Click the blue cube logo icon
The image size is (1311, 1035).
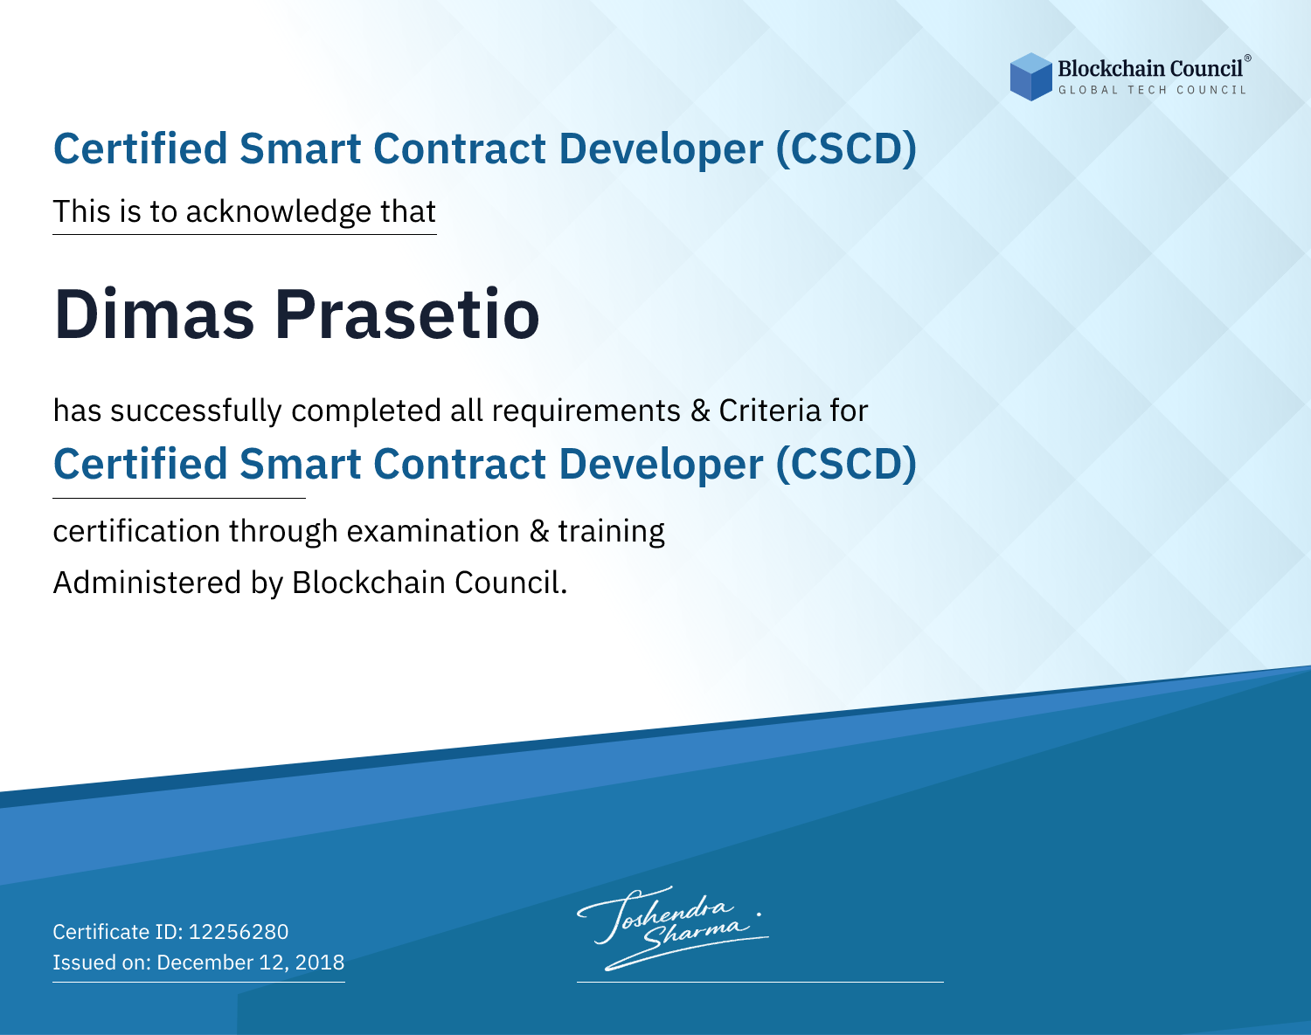click(x=1030, y=77)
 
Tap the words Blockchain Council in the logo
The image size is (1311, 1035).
click(x=1150, y=68)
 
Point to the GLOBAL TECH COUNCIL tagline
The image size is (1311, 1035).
click(x=1152, y=90)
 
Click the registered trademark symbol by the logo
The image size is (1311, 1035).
click(x=1247, y=58)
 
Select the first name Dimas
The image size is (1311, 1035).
click(x=154, y=314)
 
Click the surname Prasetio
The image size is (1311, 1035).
click(x=407, y=314)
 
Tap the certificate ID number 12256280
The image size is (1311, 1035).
click(x=239, y=931)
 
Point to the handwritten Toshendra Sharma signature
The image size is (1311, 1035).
click(x=673, y=928)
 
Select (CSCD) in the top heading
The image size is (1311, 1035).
click(x=846, y=148)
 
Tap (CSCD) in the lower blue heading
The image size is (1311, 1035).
click(x=846, y=464)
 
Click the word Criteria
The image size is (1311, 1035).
click(x=769, y=411)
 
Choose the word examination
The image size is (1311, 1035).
click(x=434, y=531)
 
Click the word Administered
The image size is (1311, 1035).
click(x=147, y=583)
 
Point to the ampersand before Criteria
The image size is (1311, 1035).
click(x=701, y=411)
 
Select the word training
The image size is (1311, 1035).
click(x=612, y=532)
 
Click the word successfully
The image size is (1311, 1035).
click(x=196, y=411)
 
